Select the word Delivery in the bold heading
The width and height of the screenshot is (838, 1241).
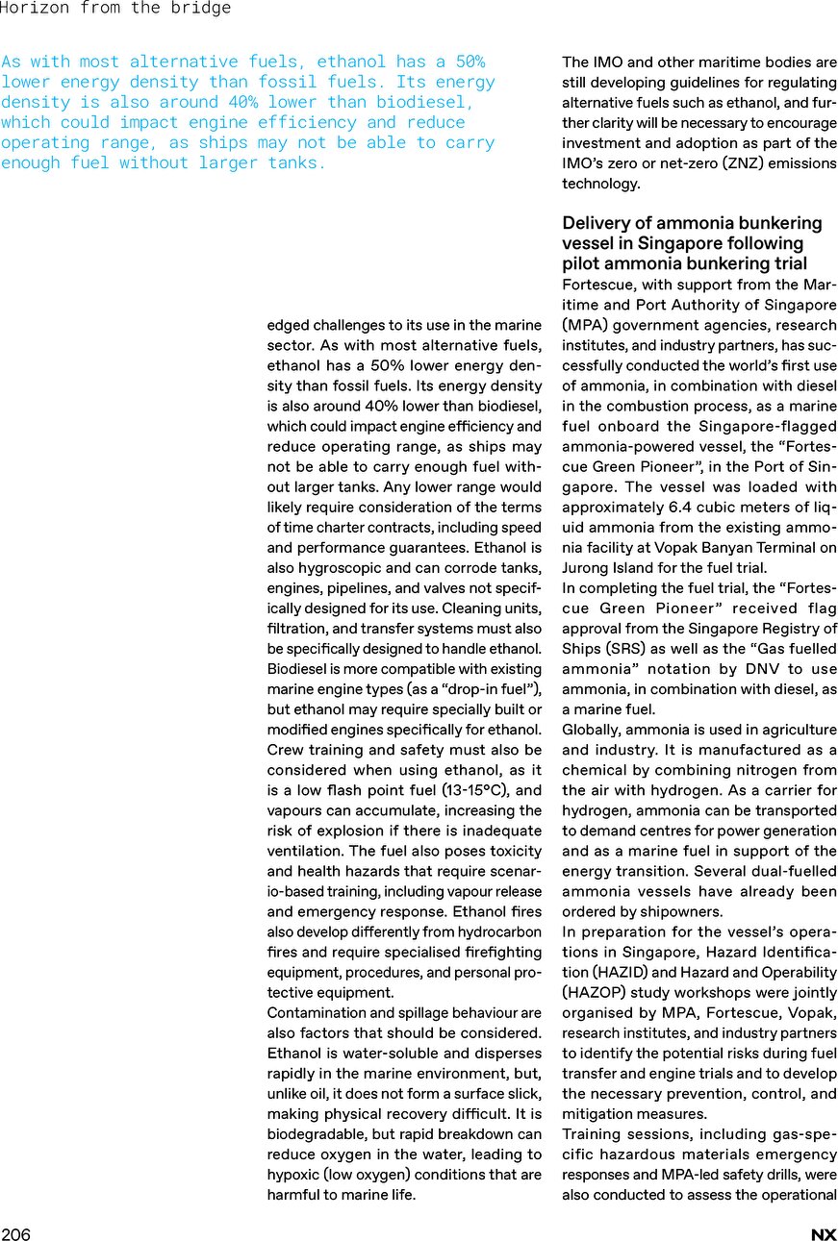[597, 223]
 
